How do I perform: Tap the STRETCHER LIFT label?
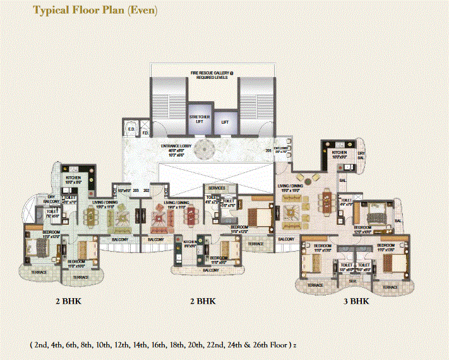[x=198, y=119]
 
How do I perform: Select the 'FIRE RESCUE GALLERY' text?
[x=212, y=74]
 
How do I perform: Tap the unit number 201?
[x=268, y=150]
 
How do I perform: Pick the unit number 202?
[x=146, y=189]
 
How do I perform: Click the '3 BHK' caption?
[x=356, y=301]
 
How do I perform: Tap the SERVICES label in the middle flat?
[x=217, y=188]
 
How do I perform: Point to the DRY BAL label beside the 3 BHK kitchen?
[x=361, y=155]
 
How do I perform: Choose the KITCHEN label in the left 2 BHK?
[x=74, y=179]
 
